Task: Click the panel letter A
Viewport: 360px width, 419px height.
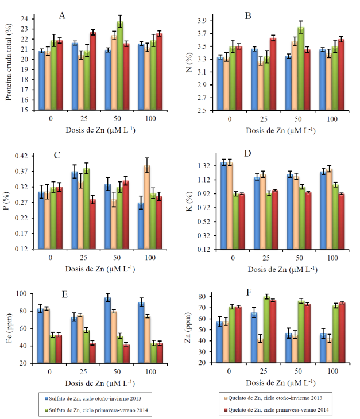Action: tap(62, 15)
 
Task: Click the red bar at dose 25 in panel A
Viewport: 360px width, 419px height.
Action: tap(92, 71)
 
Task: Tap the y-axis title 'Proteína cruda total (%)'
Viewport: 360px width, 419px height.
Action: tap(9, 63)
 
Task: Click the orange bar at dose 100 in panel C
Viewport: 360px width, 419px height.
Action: tap(147, 207)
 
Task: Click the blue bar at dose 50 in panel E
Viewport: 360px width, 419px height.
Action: tap(107, 330)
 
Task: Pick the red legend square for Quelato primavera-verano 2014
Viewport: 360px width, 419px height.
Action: tap(222, 409)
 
